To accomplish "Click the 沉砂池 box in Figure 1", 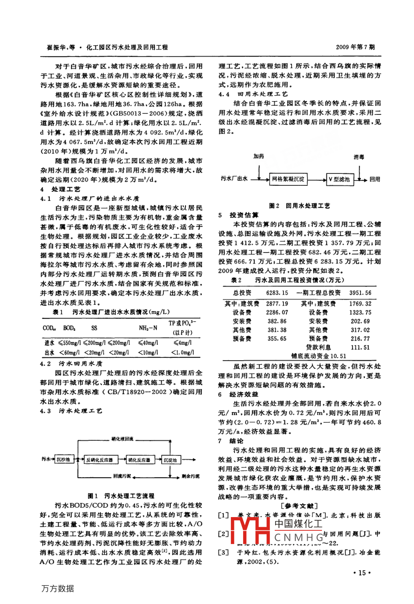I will pyautogui.click(x=64, y=459).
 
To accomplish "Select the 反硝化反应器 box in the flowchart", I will pyautogui.click(x=99, y=459).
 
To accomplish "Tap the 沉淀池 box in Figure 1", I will pyautogui.click(x=170, y=459).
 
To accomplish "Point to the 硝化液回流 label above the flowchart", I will pyautogui.click(x=122, y=439).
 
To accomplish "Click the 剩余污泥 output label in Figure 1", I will pyautogui.click(x=191, y=476).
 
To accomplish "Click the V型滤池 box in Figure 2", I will pyautogui.click(x=339, y=179).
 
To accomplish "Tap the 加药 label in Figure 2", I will pyautogui.click(x=259, y=156).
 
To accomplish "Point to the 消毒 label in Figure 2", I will pyautogui.click(x=360, y=156).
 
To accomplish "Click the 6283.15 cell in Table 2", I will pyautogui.click(x=277, y=293).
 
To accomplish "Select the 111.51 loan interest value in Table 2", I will pyautogui.click(x=360, y=347).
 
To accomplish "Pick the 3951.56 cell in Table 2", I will pyautogui.click(x=360, y=293).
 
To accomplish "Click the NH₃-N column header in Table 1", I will pyautogui.click(x=148, y=328).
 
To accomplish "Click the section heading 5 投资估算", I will pyautogui.click(x=238, y=215).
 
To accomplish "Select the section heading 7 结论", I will pyautogui.click(x=231, y=441).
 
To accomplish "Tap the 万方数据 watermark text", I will pyautogui.click(x=58, y=588).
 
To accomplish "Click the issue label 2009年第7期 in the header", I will pyautogui.click(x=355, y=47).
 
